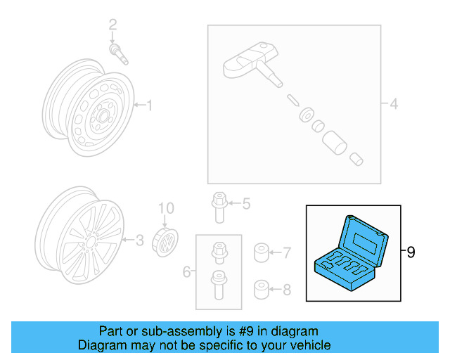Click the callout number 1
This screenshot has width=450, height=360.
[149, 106]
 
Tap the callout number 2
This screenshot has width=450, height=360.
[112, 27]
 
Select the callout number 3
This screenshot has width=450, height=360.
[139, 241]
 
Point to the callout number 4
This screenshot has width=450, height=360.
[394, 105]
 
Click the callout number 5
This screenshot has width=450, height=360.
[245, 205]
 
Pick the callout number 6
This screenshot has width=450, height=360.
[187, 271]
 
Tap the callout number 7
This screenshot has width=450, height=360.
[286, 251]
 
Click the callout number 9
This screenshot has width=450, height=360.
[411, 251]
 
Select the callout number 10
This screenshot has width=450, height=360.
[165, 208]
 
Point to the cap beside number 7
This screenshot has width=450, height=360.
[261, 251]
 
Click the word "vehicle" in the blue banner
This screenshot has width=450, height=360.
[309, 345]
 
